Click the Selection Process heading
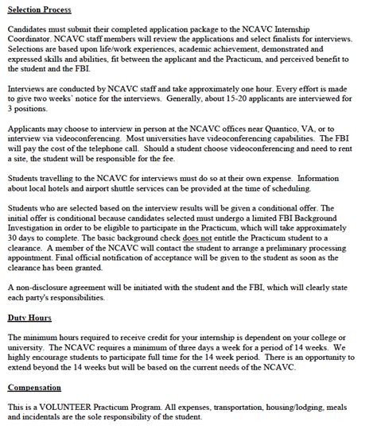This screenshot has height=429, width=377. click(x=37, y=10)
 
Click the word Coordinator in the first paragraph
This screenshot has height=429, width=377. click(x=33, y=39)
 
